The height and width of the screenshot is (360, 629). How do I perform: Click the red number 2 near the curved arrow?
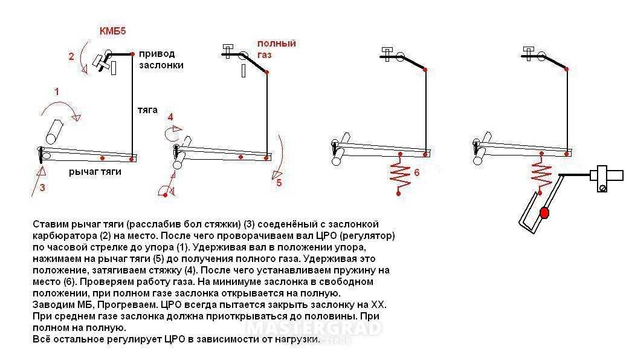(x=71, y=57)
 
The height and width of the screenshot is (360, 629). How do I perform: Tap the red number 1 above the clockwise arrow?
(x=57, y=92)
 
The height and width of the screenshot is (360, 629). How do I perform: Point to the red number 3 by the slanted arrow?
(x=42, y=188)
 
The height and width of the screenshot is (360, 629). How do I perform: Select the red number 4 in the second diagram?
(x=170, y=116)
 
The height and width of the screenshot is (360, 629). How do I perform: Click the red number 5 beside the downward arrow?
(x=279, y=183)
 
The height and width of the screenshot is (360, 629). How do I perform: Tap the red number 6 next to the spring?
(x=416, y=172)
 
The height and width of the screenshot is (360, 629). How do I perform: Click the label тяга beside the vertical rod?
(x=147, y=110)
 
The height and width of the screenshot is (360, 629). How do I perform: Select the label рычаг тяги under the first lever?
(x=95, y=172)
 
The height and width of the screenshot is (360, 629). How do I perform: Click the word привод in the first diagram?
(x=156, y=54)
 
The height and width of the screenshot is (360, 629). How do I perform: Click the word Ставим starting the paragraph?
(x=49, y=224)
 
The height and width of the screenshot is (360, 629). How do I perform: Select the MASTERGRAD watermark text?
(x=314, y=329)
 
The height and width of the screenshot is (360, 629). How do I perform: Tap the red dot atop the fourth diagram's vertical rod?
(x=568, y=71)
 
